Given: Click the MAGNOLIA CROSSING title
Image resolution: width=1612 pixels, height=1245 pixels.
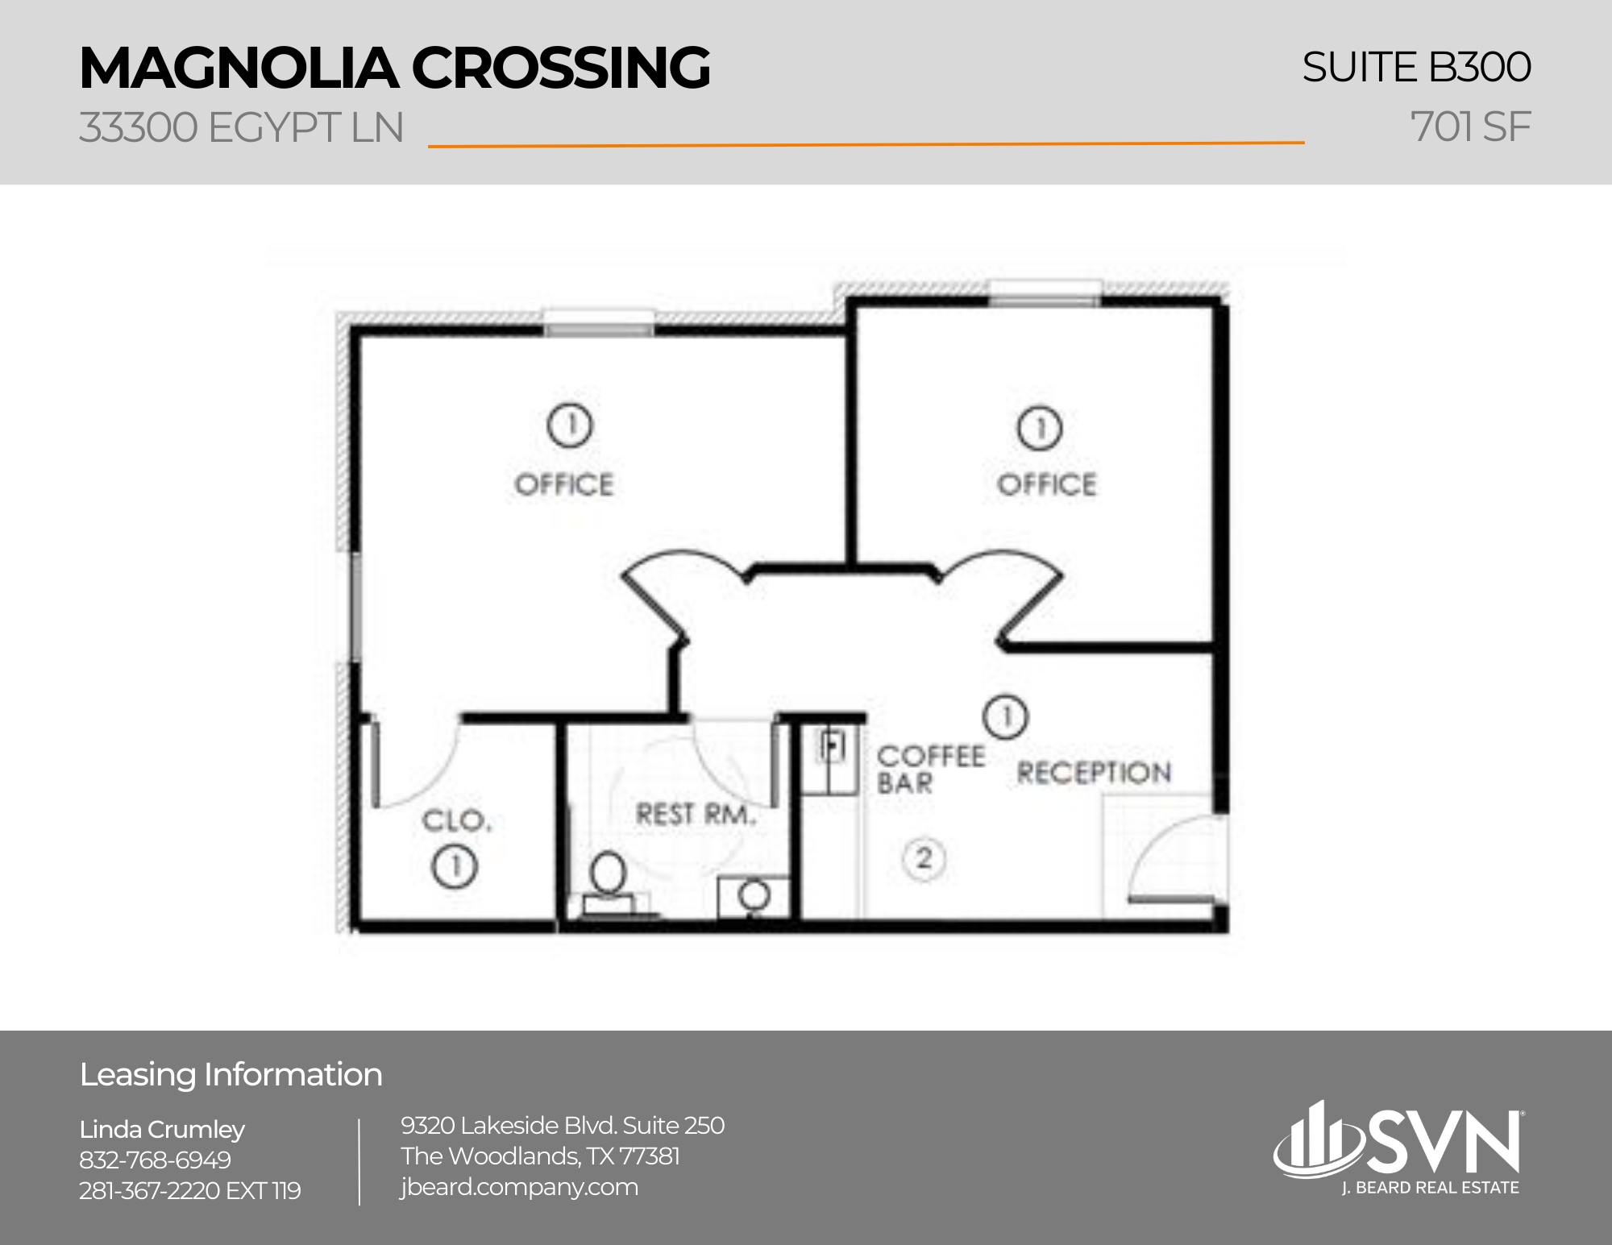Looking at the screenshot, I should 394,68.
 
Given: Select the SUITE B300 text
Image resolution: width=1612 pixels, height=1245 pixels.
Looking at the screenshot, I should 1416,67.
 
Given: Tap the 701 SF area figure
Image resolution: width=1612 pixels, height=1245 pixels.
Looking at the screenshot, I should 1470,127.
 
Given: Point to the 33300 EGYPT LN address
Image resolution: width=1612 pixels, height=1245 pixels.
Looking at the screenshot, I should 241,127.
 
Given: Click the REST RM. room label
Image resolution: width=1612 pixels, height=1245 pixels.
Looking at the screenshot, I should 696,815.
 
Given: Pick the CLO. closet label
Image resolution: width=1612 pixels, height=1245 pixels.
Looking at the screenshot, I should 456,821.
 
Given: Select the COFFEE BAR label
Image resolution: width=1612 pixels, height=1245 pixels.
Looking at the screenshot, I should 929,769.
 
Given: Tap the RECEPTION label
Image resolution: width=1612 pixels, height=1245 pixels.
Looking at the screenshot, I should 1094,773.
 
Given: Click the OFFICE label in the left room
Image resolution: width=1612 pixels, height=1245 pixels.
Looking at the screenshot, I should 564,484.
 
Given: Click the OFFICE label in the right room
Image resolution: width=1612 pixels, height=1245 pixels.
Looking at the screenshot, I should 1047,484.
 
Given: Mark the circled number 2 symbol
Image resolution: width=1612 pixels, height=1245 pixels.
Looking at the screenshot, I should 924,858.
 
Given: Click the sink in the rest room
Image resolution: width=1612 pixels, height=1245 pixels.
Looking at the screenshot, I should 754,895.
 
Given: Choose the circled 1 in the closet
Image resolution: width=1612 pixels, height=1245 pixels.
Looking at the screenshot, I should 455,866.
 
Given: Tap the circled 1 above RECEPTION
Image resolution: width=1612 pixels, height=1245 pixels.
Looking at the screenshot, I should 1006,716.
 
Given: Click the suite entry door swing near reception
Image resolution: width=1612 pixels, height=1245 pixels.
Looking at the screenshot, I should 1173,858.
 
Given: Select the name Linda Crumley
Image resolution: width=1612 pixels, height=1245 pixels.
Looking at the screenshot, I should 162,1130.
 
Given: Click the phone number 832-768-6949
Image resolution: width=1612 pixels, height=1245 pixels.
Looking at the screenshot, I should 155,1160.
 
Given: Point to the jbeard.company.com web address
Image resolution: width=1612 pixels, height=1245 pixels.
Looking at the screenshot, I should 519,1187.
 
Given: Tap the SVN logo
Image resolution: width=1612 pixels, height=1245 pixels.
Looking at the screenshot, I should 1398,1144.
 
